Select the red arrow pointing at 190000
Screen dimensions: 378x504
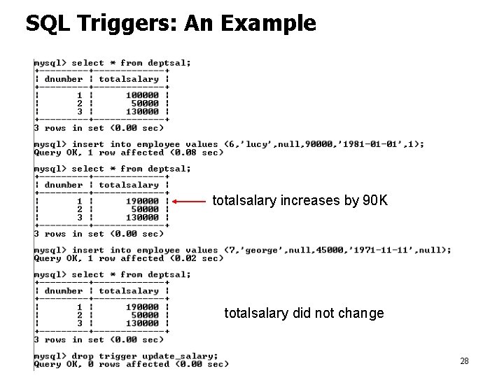click(189, 202)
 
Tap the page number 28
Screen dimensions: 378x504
click(464, 361)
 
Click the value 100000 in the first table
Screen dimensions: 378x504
click(142, 95)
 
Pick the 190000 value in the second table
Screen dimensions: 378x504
click(142, 201)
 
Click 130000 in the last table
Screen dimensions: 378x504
click(142, 323)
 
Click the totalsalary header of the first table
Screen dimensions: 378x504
click(129, 79)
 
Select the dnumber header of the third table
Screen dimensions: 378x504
click(64, 290)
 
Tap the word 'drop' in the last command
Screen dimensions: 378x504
click(83, 356)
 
